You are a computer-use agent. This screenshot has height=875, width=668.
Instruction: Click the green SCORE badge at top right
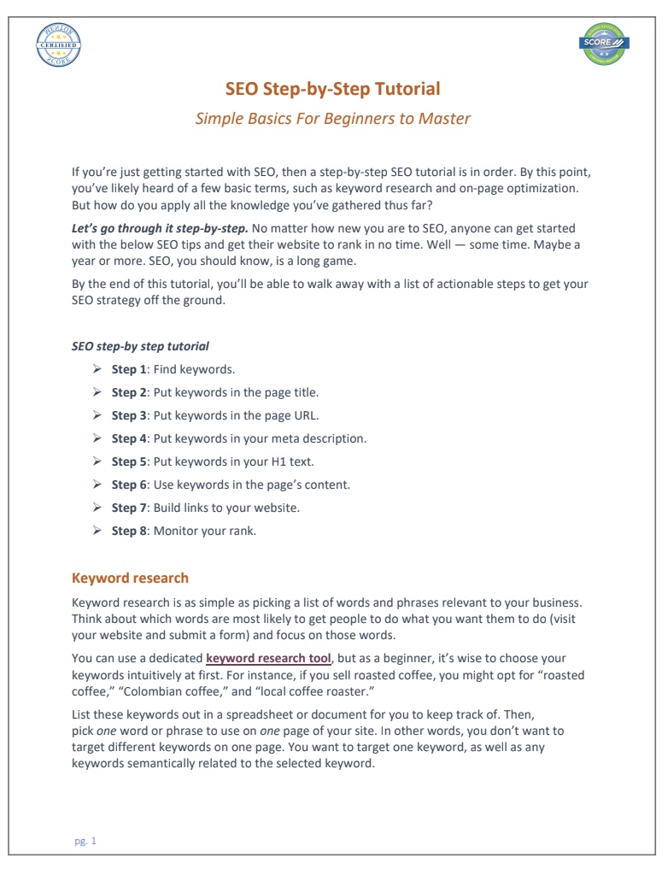pos(603,44)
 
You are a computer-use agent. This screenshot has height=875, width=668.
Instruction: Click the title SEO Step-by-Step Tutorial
pos(333,89)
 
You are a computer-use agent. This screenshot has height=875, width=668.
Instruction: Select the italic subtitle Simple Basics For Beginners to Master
pos(333,118)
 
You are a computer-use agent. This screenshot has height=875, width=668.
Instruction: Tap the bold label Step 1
pos(130,369)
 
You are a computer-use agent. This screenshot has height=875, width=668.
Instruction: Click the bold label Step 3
pos(130,415)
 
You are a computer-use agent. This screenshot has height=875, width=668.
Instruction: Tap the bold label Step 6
pos(130,484)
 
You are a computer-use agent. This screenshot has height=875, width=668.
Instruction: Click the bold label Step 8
pos(130,531)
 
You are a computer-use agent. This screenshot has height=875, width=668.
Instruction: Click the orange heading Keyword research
pos(130,578)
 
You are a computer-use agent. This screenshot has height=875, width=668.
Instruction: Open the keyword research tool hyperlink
pos(268,658)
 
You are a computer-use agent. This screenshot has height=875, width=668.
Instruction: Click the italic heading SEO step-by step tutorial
pos(140,346)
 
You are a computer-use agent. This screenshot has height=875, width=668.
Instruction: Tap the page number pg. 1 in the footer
pos(85,841)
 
